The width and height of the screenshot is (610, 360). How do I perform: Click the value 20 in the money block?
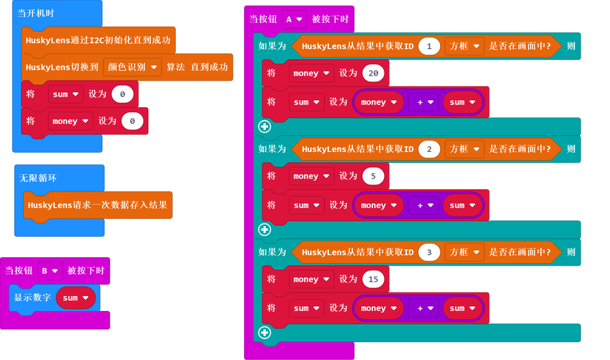373,73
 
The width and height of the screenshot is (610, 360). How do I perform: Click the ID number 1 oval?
429,46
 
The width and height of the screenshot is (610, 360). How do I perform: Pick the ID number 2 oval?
429,149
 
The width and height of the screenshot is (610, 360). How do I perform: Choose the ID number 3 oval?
429,252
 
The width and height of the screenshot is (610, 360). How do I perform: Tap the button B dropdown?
50,271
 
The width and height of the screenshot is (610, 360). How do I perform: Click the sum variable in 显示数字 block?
76,297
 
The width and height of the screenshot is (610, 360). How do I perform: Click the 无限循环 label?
39,177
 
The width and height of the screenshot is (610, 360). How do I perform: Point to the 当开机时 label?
37,14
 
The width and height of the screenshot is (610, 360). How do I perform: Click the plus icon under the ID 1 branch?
264,127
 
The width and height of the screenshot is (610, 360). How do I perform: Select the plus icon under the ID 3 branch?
264,333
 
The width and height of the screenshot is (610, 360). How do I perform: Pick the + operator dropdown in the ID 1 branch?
423,102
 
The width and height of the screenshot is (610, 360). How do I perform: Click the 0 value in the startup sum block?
123,94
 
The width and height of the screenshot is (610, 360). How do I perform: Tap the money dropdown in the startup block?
69,122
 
